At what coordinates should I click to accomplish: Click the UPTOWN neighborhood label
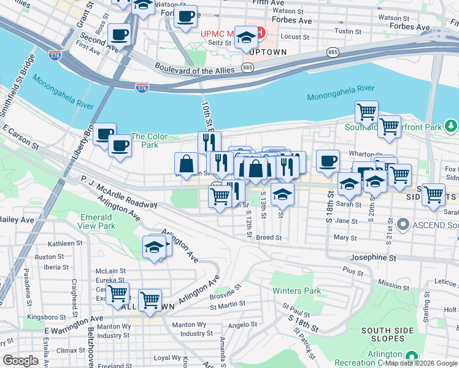click(268, 52)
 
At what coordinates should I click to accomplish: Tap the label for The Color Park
click(145, 140)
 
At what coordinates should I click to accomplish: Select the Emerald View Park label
click(96, 221)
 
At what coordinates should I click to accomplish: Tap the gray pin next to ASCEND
click(403, 225)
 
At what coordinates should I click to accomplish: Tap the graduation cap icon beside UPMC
click(246, 39)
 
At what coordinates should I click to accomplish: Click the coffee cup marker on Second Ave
click(119, 35)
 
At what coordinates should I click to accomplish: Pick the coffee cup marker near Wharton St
click(328, 161)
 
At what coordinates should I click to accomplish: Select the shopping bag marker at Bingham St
click(186, 164)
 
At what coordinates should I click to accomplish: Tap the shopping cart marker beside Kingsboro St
click(117, 294)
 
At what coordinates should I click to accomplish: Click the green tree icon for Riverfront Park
click(451, 126)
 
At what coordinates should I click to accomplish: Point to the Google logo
click(21, 361)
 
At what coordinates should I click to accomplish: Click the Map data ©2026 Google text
click(421, 363)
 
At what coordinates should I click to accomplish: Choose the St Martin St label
click(228, 304)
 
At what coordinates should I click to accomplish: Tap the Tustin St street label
click(347, 31)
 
